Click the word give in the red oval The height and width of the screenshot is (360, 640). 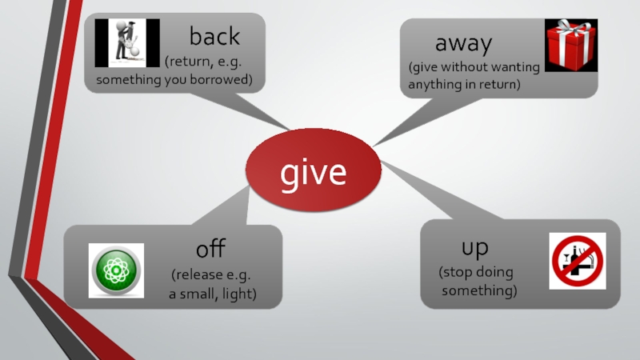[313, 171]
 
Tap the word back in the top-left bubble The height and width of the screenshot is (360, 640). [214, 36]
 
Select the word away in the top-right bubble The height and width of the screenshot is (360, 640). [463, 42]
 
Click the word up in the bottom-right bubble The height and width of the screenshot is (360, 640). [474, 249]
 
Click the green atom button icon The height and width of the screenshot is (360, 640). [116, 270]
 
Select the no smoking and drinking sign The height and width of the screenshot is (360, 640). [577, 261]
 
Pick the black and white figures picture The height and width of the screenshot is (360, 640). [128, 43]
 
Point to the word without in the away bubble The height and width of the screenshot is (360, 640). [468, 67]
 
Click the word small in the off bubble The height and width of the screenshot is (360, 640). [199, 294]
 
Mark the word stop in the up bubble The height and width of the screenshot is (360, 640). [456, 273]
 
